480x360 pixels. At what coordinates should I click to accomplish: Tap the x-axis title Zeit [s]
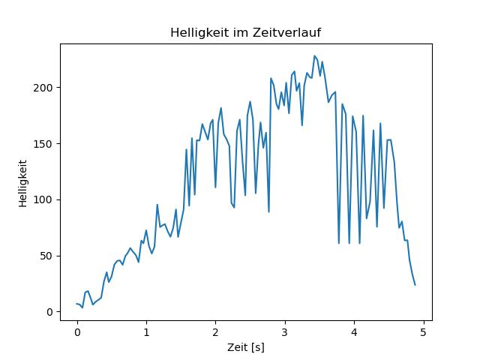point(246,348)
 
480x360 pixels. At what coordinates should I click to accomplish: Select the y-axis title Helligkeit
point(23,183)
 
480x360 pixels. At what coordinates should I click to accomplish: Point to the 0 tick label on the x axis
point(77,332)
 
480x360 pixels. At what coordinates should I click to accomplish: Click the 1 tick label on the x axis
point(147,332)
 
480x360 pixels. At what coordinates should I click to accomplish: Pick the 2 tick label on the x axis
point(216,332)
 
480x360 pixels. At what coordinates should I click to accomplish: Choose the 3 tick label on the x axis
point(285,332)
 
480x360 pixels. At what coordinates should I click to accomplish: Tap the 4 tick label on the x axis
point(354,332)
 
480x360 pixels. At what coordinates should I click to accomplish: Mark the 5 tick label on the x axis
point(423,332)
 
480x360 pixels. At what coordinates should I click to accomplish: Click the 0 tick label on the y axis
point(49,312)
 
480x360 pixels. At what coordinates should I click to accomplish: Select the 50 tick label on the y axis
point(46,256)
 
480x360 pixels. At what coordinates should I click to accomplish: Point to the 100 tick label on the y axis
point(43,200)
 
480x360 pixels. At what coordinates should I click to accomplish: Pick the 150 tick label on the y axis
point(43,144)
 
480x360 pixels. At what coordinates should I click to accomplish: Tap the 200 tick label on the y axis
point(43,88)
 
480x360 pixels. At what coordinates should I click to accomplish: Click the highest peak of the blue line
point(314,55)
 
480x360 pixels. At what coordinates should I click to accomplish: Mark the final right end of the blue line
point(415,285)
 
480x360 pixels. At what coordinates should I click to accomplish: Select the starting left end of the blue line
point(76,304)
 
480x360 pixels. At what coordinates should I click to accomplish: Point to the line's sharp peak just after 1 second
point(157,205)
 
